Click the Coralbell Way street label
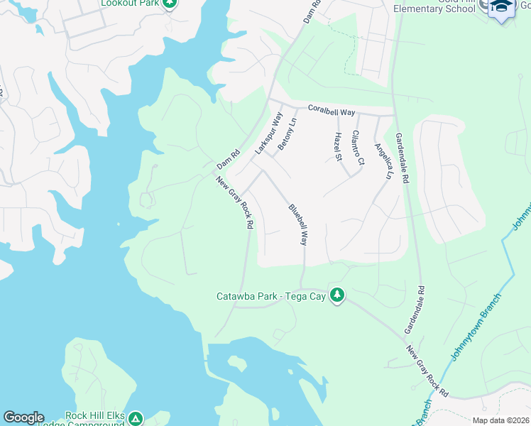[331, 110]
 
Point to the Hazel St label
[338, 146]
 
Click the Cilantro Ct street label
[358, 148]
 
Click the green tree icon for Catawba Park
[338, 295]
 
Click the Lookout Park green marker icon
[168, 4]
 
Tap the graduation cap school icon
[501, 6]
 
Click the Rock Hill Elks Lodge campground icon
[135, 419]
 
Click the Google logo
[23, 417]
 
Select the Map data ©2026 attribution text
[500, 420]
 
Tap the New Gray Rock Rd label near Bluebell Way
[235, 202]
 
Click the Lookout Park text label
[130, 4]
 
